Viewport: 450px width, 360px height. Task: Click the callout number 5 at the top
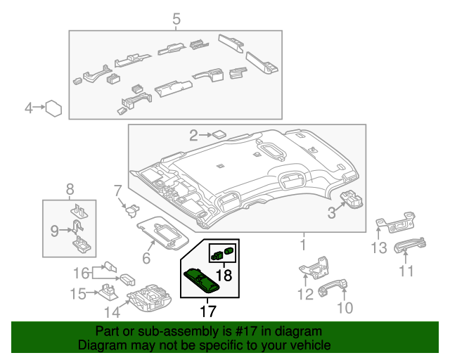point(176,18)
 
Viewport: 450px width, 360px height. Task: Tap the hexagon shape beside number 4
point(53,108)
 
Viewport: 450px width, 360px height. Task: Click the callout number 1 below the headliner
point(304,245)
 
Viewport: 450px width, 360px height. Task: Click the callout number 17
point(208,310)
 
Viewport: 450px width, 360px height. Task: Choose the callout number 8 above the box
point(70,188)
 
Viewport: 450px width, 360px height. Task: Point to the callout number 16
point(82,272)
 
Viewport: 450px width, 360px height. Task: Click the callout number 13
point(380,247)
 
